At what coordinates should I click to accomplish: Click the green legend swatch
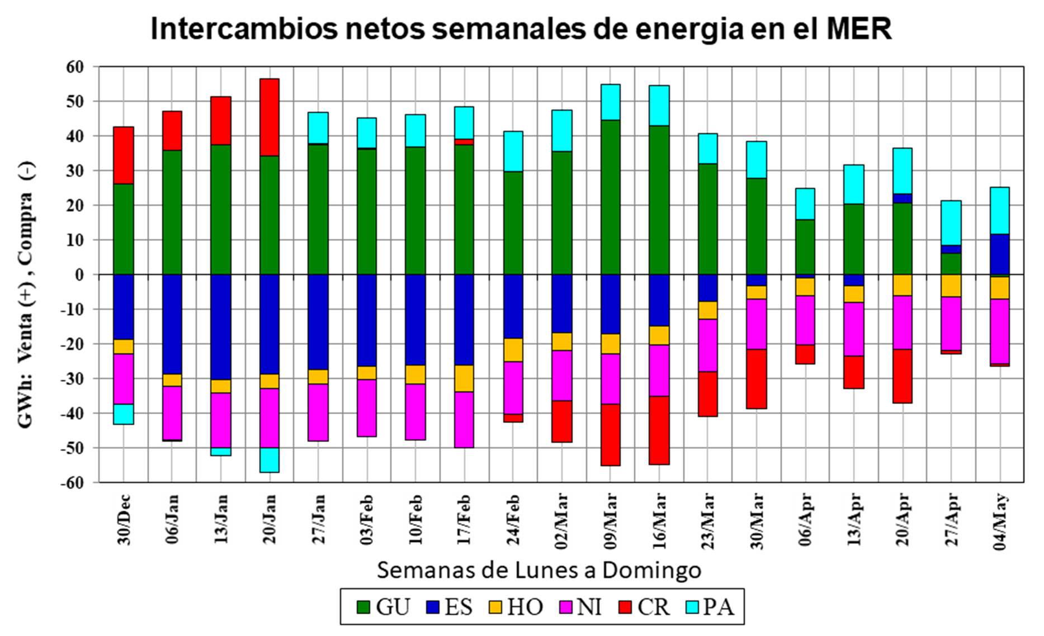pyautogui.click(x=363, y=607)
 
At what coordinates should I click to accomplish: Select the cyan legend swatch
pyautogui.click(x=692, y=607)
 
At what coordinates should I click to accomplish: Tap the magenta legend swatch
pyautogui.click(x=566, y=607)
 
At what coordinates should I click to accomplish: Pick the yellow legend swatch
pyautogui.click(x=495, y=607)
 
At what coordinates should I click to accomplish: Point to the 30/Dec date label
pyautogui.click(x=124, y=519)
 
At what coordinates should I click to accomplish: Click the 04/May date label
pyautogui.click(x=1000, y=521)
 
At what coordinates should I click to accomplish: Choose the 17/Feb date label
pyautogui.click(x=464, y=519)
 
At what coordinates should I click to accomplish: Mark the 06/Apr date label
pyautogui.click(x=805, y=519)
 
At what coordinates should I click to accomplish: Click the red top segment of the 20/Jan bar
pyautogui.click(x=270, y=117)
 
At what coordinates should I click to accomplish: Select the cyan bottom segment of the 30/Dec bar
pyautogui.click(x=124, y=414)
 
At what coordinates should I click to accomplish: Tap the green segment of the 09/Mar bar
pyautogui.click(x=610, y=197)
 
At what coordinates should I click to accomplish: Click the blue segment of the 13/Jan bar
pyautogui.click(x=221, y=327)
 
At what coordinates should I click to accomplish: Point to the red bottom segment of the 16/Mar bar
pyautogui.click(x=659, y=430)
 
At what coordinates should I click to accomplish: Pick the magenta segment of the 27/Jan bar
pyautogui.click(x=318, y=412)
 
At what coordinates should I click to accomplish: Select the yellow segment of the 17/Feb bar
pyautogui.click(x=464, y=378)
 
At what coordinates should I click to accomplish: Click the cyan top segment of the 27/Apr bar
pyautogui.click(x=951, y=223)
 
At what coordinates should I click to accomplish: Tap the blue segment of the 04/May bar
pyautogui.click(x=1000, y=254)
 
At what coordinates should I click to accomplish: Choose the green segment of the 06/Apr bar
pyautogui.click(x=805, y=246)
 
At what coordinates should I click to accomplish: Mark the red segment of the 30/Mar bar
pyautogui.click(x=757, y=378)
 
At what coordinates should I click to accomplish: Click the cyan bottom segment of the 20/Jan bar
pyautogui.click(x=270, y=460)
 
